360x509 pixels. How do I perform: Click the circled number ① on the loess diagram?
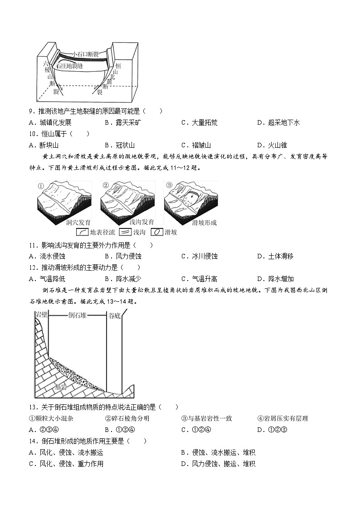tap(40, 185)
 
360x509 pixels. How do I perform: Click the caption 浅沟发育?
tap(129, 223)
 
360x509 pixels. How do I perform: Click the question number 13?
tap(32, 407)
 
